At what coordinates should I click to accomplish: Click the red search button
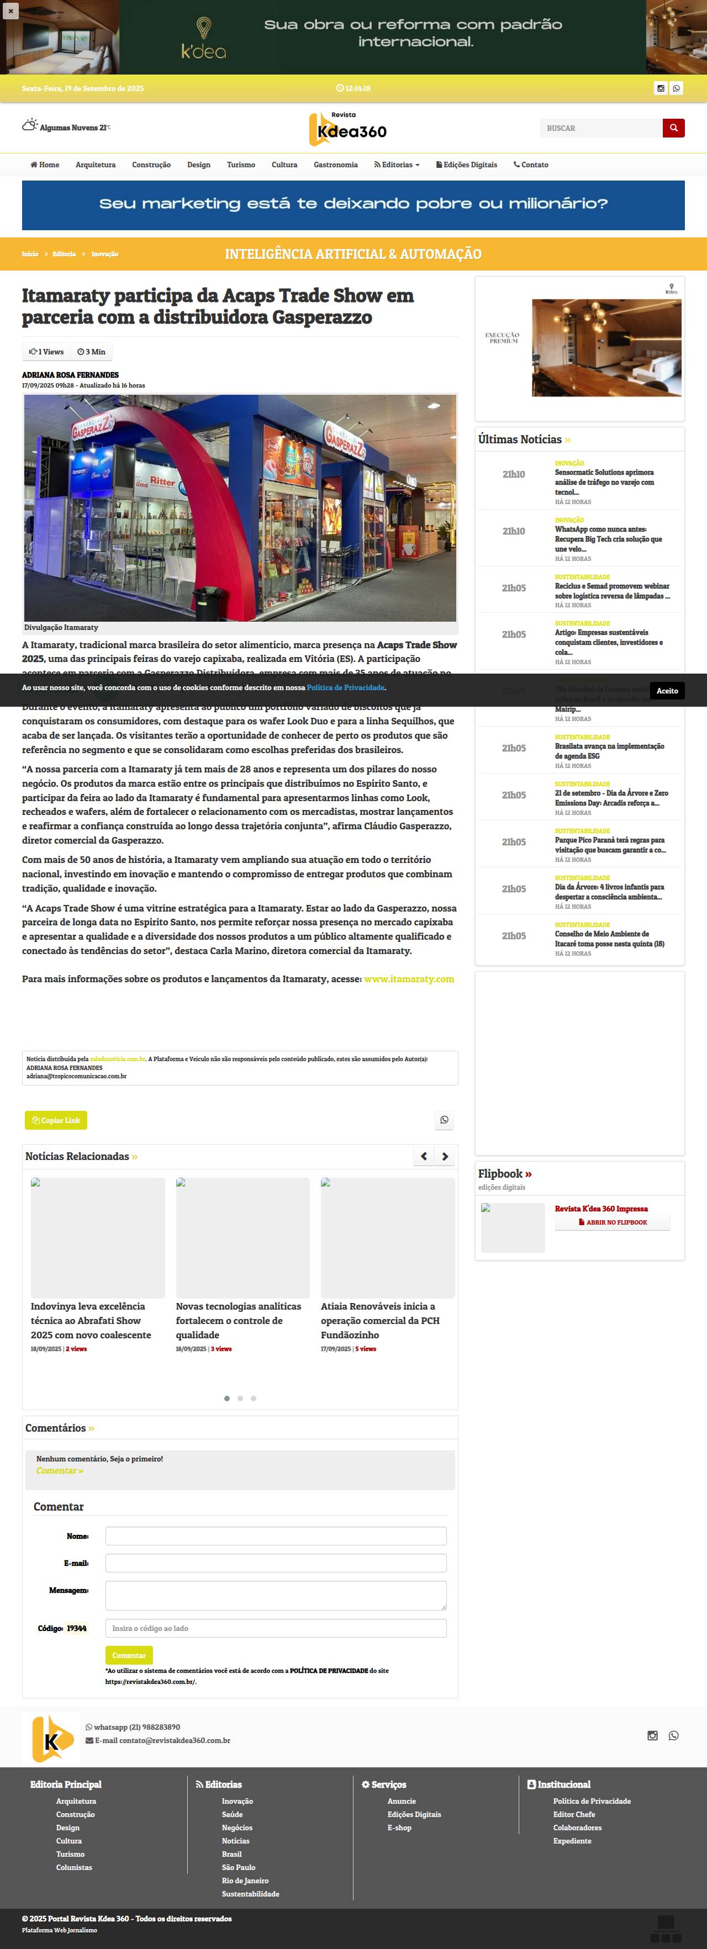[673, 128]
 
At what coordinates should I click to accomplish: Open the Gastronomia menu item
[335, 165]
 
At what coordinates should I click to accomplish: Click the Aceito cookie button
[667, 691]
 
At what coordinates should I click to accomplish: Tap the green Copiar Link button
[56, 1120]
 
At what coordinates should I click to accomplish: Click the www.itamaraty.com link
[409, 979]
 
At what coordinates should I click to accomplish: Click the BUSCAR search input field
[601, 129]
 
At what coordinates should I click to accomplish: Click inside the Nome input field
[276, 1536]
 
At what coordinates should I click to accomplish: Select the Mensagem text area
[276, 1595]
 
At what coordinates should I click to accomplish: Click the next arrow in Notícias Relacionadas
[445, 1156]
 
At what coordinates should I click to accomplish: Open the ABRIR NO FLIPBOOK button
[613, 1222]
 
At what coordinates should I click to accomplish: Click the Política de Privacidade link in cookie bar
[345, 688]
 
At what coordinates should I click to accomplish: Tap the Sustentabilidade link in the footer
[251, 1894]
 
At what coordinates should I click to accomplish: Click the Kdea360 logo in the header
[348, 129]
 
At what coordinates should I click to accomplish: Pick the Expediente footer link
[572, 1841]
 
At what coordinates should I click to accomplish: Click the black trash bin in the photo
[206, 603]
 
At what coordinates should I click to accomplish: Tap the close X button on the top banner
[10, 10]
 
